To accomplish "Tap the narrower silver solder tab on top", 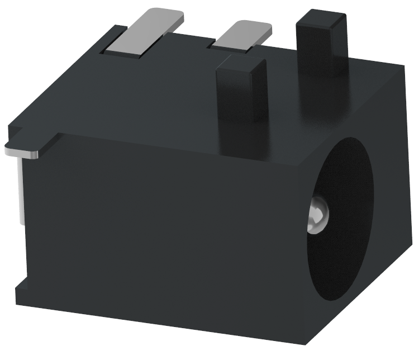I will click(242, 36).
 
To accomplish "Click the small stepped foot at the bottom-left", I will click(20, 291).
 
